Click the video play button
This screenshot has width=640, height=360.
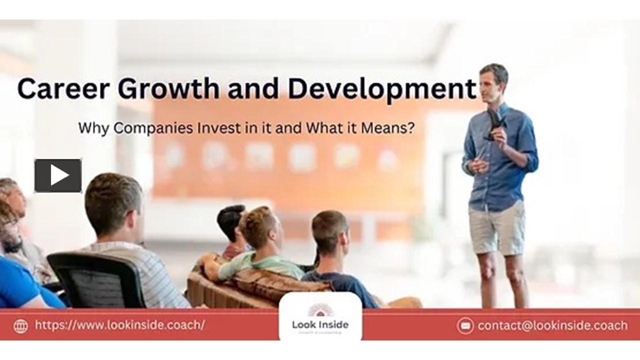click(x=58, y=175)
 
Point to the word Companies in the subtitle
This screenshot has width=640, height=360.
click(x=154, y=128)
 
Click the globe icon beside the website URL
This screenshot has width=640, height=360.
click(x=20, y=326)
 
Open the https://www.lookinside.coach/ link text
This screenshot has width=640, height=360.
click(x=119, y=325)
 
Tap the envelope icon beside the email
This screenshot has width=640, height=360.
click(x=465, y=325)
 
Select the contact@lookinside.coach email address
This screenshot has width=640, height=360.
click(x=552, y=325)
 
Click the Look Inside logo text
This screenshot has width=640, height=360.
click(x=320, y=324)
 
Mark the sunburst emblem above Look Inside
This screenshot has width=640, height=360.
click(x=320, y=310)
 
